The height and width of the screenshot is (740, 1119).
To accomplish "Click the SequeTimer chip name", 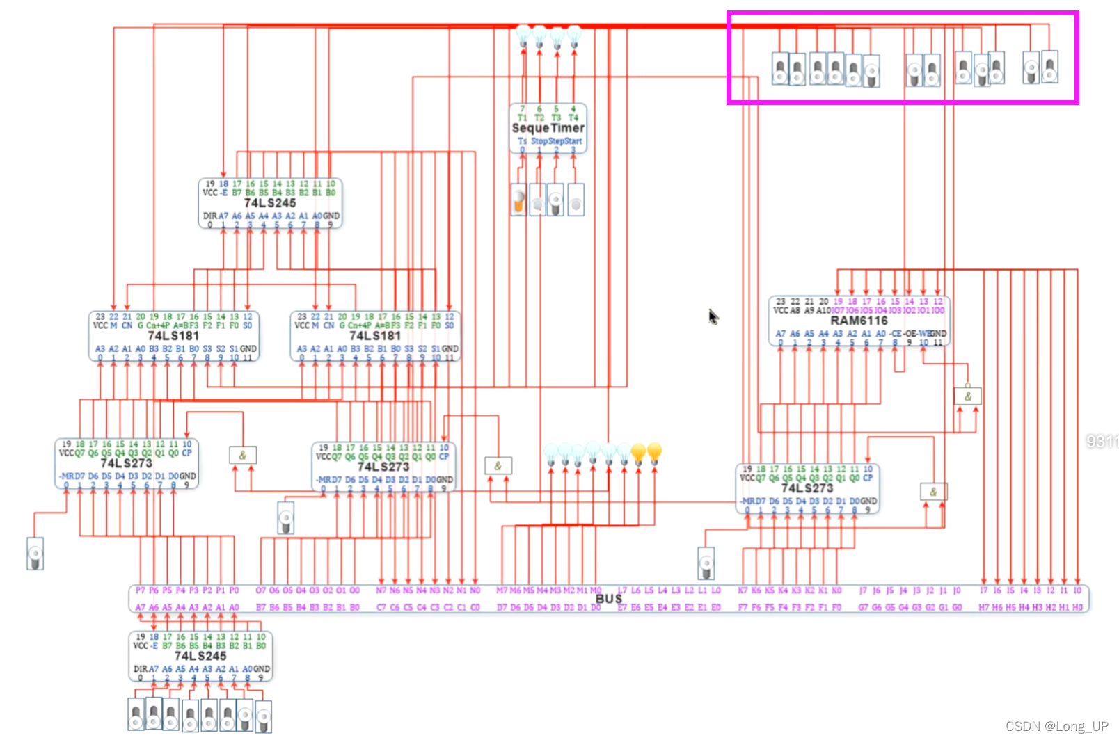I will click(x=548, y=128).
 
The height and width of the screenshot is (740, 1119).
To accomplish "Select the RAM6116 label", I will click(x=859, y=321).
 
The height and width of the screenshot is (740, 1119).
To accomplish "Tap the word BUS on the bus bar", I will click(x=608, y=598).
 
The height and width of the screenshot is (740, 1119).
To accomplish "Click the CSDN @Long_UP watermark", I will click(x=1056, y=726).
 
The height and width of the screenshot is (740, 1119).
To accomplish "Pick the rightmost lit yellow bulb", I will click(x=654, y=453).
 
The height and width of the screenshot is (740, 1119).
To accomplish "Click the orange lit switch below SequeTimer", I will click(x=518, y=200).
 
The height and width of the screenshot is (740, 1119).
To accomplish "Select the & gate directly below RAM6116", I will click(x=967, y=396).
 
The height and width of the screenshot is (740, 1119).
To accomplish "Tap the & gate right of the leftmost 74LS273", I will click(x=243, y=456).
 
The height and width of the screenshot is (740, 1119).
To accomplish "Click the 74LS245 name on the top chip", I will click(x=270, y=202).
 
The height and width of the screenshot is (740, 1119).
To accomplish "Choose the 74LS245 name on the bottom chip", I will click(x=200, y=656).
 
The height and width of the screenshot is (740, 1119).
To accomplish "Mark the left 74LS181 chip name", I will click(x=173, y=335).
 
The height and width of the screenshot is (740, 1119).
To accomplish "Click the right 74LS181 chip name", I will click(x=375, y=335).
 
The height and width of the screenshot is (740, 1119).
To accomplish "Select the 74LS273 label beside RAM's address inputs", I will click(x=807, y=488).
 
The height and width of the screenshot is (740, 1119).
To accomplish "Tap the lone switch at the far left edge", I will click(x=35, y=554).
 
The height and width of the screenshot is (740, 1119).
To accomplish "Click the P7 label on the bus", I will click(x=141, y=590).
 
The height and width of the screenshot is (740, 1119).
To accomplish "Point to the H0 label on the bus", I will click(x=1077, y=607).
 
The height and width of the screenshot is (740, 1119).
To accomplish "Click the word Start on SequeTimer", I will click(x=573, y=141).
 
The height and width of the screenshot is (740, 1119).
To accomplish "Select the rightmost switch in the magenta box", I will click(x=1049, y=67).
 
